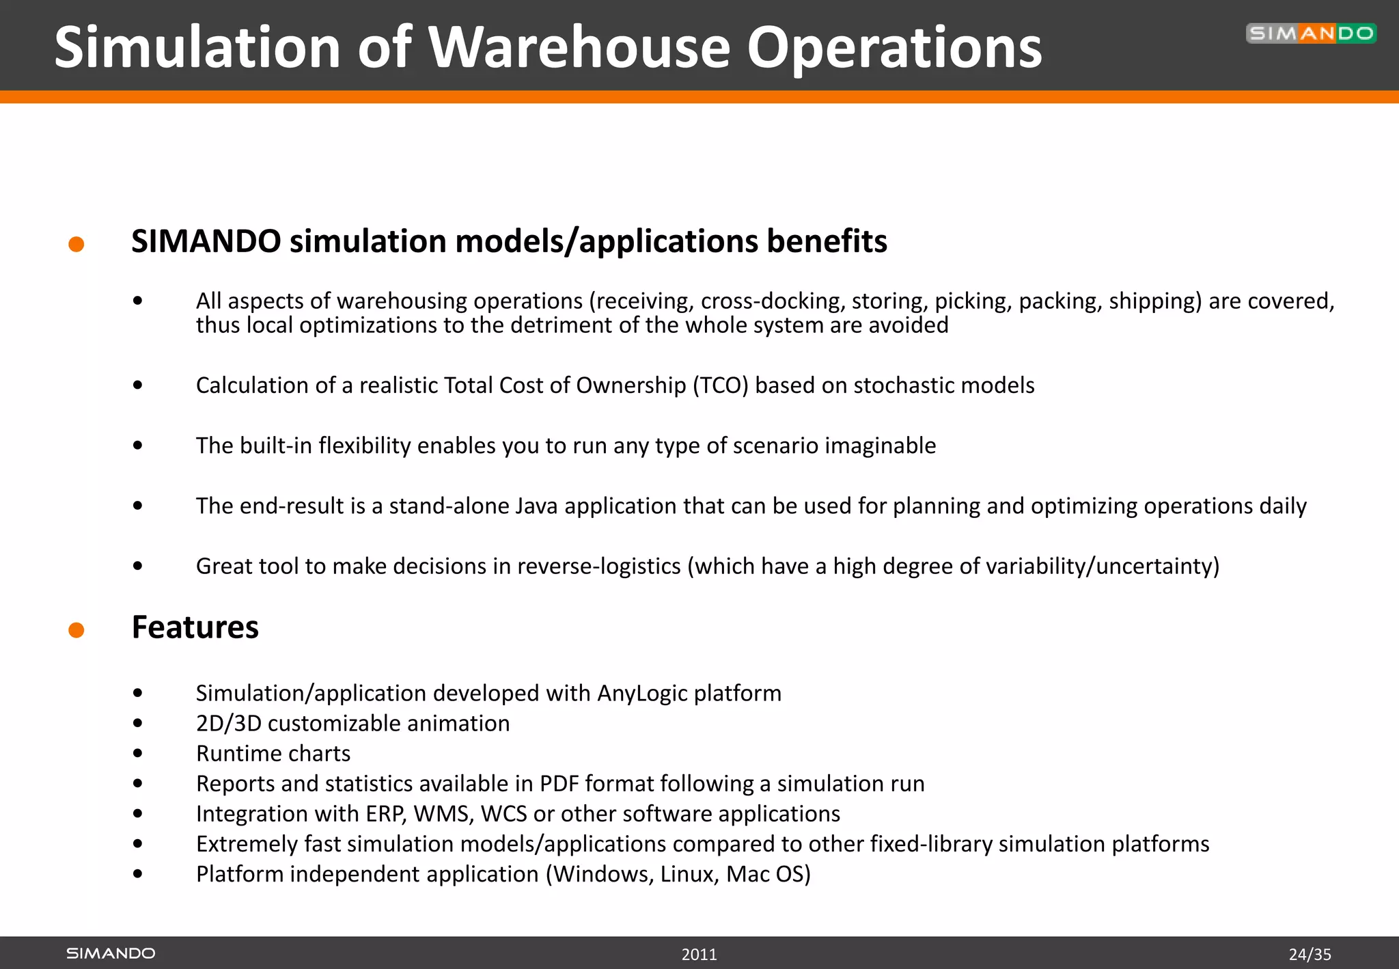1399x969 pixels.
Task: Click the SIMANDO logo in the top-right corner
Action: point(1310,33)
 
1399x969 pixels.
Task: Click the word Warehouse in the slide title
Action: point(579,48)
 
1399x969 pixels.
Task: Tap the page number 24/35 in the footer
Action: point(1310,954)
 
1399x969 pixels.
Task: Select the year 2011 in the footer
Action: point(699,954)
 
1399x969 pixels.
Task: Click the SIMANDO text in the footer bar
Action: point(111,953)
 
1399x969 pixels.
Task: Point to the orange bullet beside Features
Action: point(77,629)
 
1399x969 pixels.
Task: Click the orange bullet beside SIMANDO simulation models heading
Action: point(77,244)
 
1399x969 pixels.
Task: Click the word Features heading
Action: point(195,627)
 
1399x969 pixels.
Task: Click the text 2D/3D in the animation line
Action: point(229,723)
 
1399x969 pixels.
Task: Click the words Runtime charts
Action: point(273,754)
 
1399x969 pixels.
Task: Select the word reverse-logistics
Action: point(599,567)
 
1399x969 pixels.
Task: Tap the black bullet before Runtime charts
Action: point(138,753)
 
